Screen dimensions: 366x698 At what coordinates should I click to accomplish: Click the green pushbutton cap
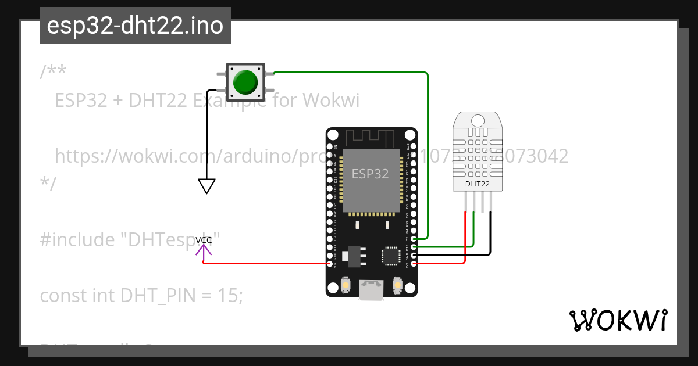point(245,82)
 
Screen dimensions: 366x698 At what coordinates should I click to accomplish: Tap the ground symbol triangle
point(206,186)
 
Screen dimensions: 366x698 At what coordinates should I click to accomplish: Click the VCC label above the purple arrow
point(204,240)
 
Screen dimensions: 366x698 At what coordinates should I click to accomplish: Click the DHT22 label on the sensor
point(477,184)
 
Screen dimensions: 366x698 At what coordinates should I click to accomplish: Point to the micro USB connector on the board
point(371,290)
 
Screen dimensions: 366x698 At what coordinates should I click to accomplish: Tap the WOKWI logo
point(618,320)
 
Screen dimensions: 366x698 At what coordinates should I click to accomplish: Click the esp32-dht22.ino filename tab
point(135,26)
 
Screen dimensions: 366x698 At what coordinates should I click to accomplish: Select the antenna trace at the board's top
point(371,138)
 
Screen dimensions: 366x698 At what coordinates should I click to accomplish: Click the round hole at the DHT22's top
point(477,120)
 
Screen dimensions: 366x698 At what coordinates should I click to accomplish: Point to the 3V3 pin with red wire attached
point(413,264)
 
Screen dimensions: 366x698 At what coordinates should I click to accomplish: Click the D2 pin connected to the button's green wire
point(413,239)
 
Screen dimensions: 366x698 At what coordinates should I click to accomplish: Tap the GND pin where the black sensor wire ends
point(413,255)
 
